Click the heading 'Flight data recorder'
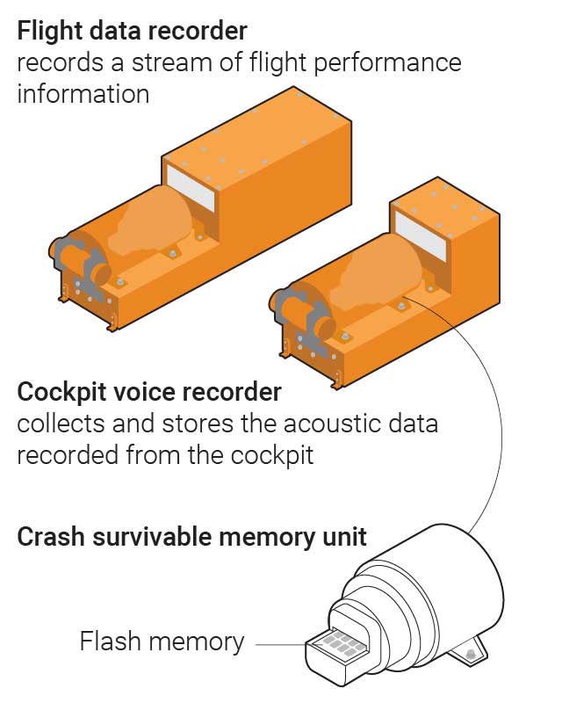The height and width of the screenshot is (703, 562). point(132,32)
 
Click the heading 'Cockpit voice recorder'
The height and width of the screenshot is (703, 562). point(149,392)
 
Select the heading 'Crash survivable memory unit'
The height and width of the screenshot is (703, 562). point(191,537)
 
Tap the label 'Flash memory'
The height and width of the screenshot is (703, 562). point(162,642)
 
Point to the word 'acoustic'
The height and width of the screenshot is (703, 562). point(340,424)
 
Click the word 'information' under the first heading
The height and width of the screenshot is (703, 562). point(83,93)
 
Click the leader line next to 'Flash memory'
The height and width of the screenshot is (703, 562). point(279,643)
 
